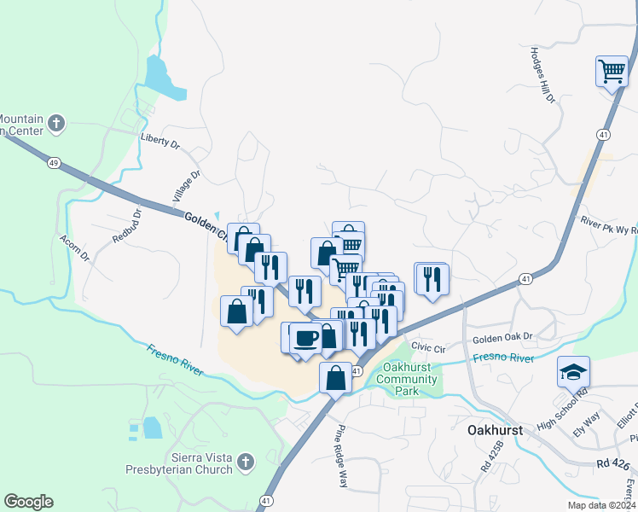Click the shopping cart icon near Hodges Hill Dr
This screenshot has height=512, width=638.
click(x=612, y=71)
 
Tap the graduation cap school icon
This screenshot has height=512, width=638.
click(x=573, y=371)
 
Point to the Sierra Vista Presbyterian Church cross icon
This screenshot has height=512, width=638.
click(x=246, y=463)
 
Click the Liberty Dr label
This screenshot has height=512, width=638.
click(x=160, y=140)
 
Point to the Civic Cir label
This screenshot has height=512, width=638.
click(x=428, y=348)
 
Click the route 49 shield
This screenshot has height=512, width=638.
click(x=53, y=162)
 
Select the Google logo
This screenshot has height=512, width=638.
click(x=28, y=502)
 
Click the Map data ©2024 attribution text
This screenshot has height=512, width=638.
click(x=600, y=505)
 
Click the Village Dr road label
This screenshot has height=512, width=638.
click(x=186, y=185)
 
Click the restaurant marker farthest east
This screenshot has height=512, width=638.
click(x=432, y=277)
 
